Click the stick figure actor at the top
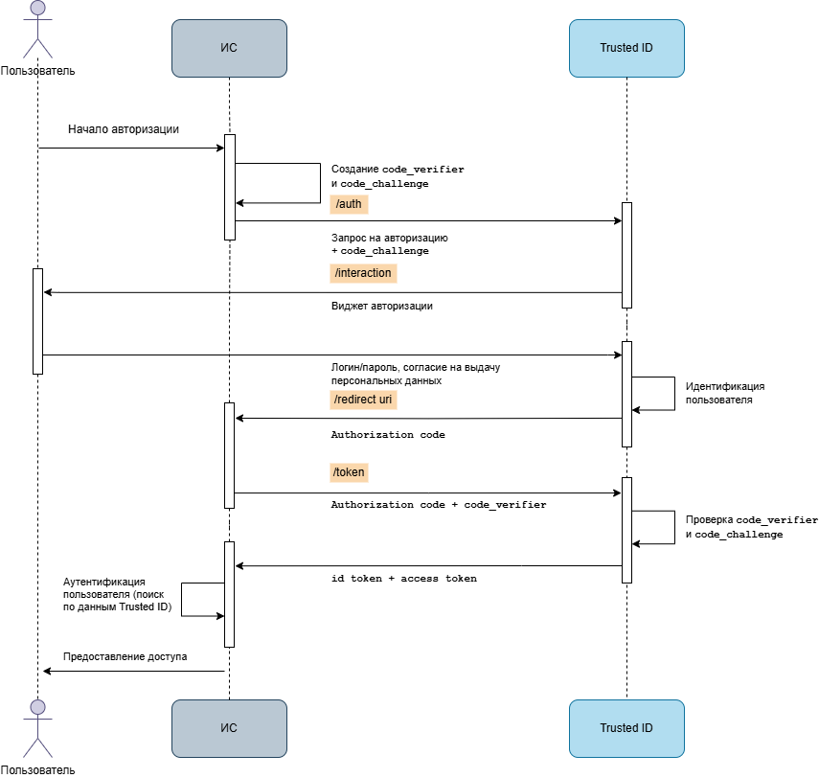coord(37,31)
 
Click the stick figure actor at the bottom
coord(37,729)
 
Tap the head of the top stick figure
coord(37,8)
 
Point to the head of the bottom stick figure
coord(37,707)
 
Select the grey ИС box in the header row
coord(229,48)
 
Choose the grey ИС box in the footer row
coord(229,728)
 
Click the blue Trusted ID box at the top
coord(626,48)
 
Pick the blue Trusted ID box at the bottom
coord(626,728)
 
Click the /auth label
coord(349,204)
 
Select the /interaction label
coord(363,273)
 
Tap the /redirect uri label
coord(363,400)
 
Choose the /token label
coord(349,472)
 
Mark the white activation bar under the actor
coord(38,321)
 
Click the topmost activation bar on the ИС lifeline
coord(230,187)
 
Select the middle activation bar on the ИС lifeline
coord(230,455)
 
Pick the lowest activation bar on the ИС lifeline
coord(230,594)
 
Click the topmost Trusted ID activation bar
coord(627,255)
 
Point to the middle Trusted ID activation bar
coord(627,394)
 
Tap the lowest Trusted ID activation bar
coord(627,530)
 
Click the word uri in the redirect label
coord(385,400)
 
